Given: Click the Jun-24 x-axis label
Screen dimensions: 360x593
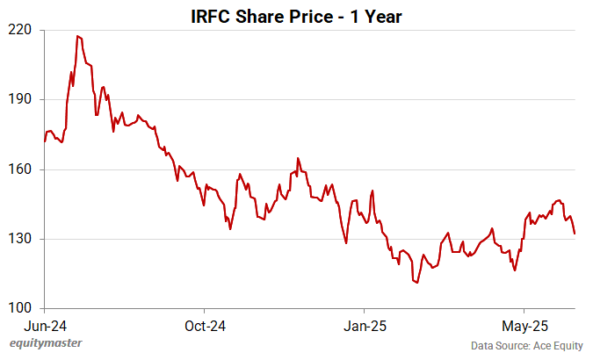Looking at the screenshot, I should tap(44, 326).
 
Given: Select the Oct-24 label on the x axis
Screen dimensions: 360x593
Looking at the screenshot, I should tap(204, 326).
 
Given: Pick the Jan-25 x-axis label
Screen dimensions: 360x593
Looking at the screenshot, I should tap(364, 326).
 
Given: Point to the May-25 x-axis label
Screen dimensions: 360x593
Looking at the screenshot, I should tap(524, 326).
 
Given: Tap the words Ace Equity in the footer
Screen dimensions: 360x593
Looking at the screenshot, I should tap(555, 345).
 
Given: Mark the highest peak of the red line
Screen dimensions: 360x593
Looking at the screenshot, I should tap(78, 36).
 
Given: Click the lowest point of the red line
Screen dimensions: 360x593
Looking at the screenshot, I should tap(416, 283).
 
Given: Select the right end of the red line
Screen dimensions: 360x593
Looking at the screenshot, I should tap(575, 234).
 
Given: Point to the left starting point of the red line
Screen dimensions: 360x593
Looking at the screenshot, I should tap(45, 140).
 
